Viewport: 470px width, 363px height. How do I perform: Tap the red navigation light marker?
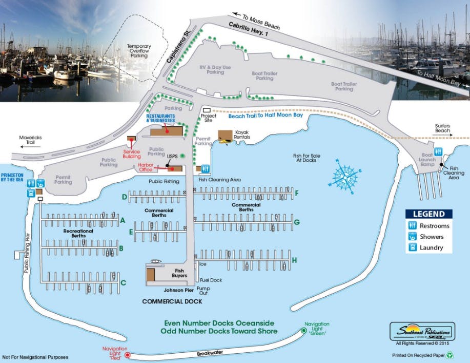point(128,354)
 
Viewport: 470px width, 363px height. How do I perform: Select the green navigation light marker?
point(303,331)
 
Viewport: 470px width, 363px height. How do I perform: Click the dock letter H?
point(294,260)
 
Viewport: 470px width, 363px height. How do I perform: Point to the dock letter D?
point(124,197)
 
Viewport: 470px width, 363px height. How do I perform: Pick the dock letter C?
point(123,282)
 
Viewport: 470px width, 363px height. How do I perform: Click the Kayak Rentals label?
point(242,135)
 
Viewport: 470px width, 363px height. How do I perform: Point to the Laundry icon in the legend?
point(412,248)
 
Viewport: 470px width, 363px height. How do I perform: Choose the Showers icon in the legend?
point(412,237)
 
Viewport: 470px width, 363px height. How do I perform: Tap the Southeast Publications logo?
point(421,330)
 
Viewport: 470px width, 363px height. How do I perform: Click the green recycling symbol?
point(449,354)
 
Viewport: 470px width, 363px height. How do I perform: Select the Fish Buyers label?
point(180,273)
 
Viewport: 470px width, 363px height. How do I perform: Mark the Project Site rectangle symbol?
point(206,110)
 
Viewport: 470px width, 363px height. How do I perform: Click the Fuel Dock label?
point(211,280)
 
